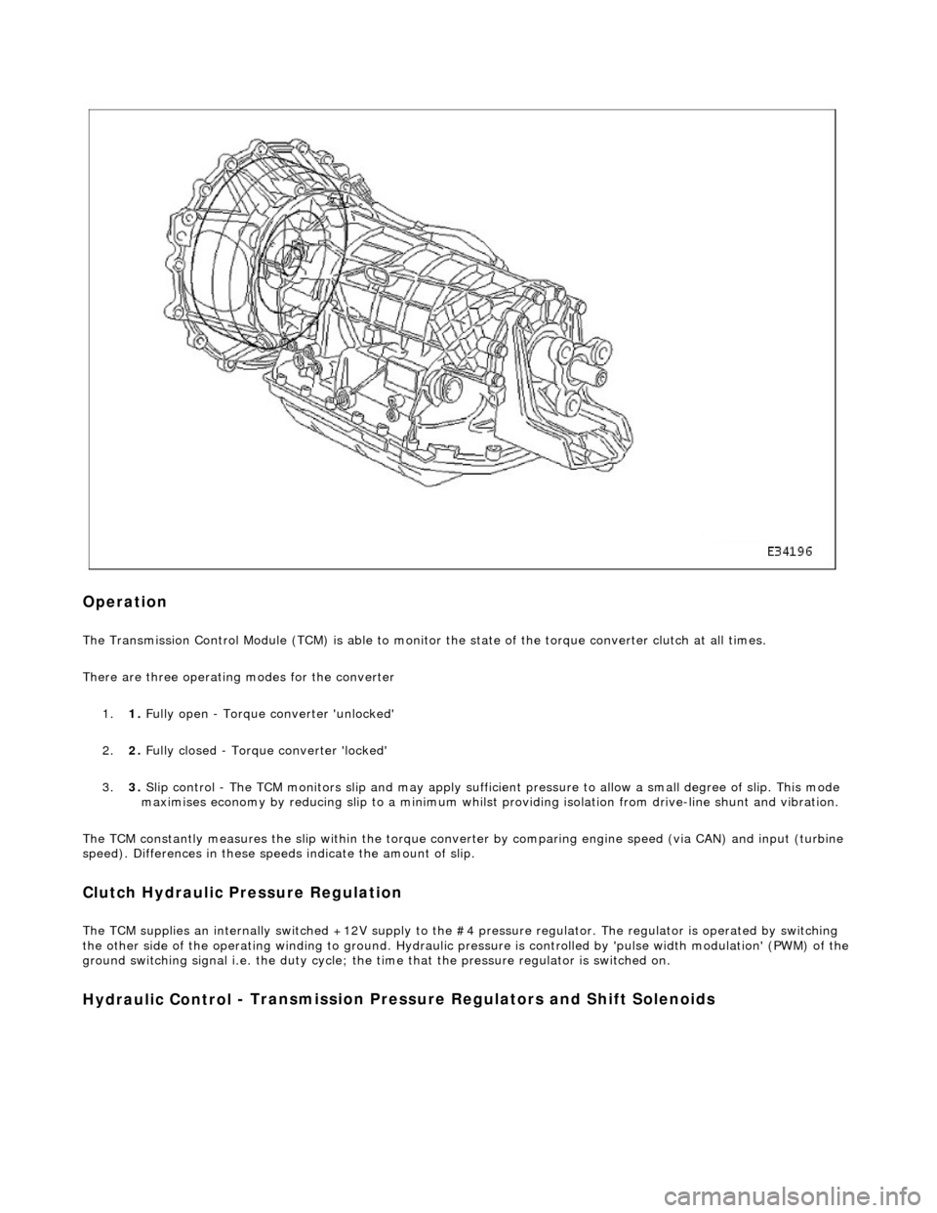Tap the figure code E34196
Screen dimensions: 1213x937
tap(793, 551)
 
